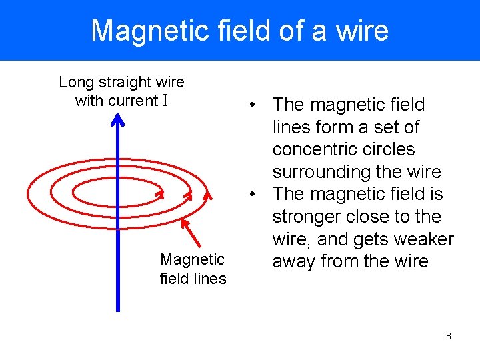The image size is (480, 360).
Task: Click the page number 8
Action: pyautogui.click(x=448, y=336)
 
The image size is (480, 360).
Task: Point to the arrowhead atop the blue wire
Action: pyautogui.click(x=117, y=120)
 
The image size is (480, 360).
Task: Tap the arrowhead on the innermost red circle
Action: pyautogui.click(x=160, y=194)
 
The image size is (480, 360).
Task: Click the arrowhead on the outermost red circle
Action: pyautogui.click(x=208, y=195)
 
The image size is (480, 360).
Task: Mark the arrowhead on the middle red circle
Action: pyautogui.click(x=188, y=195)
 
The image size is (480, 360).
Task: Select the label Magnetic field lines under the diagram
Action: pyautogui.click(x=193, y=269)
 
